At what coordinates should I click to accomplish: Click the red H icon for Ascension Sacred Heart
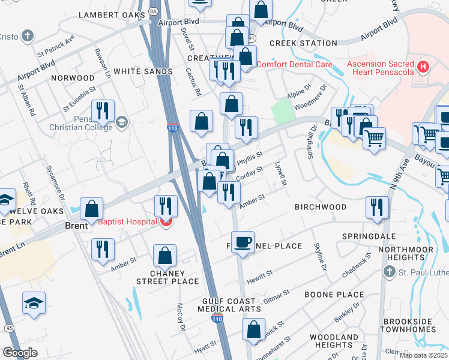click(x=424, y=66)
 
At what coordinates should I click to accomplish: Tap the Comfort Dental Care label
click(x=294, y=64)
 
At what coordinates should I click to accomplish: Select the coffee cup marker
click(x=243, y=242)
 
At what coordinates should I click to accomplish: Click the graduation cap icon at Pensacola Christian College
click(x=122, y=122)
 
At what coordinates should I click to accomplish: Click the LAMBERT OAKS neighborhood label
click(x=112, y=14)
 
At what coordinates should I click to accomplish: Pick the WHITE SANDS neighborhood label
click(x=143, y=71)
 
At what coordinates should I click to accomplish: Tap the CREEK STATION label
click(x=303, y=43)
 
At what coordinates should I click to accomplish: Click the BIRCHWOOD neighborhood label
click(x=321, y=207)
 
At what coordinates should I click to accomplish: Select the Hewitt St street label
click(x=260, y=274)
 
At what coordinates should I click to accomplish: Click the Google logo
click(x=20, y=353)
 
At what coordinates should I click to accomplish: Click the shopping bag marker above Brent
click(x=91, y=209)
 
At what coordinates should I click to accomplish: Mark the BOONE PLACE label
click(x=334, y=295)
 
